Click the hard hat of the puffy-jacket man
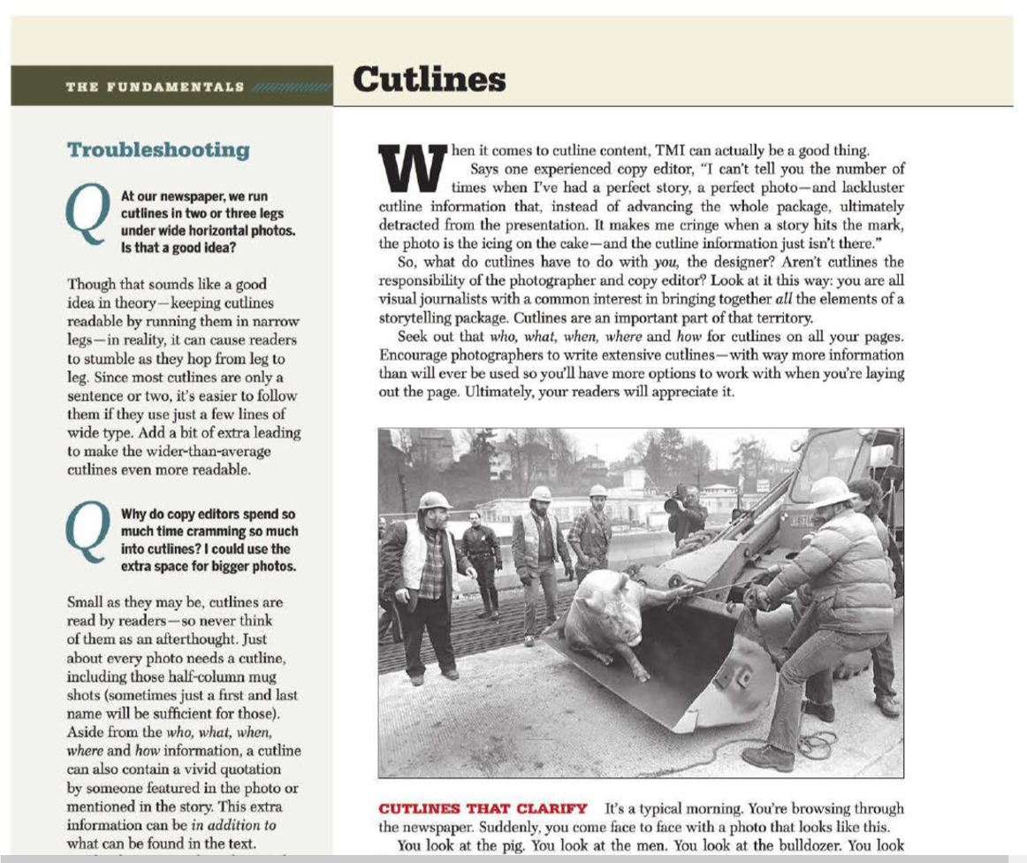pyautogui.click(x=829, y=492)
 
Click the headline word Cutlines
pyautogui.click(x=430, y=80)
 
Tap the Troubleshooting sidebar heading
pyautogui.click(x=158, y=149)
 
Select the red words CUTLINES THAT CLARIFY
pyautogui.click(x=483, y=808)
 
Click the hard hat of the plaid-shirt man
pyautogui.click(x=434, y=500)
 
